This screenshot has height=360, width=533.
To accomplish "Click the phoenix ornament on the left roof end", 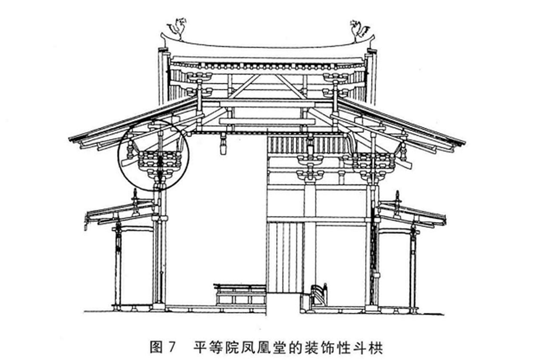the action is (177, 28).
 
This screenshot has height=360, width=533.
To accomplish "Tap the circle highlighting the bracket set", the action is (153, 155).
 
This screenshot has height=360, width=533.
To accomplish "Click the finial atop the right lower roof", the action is (398, 198).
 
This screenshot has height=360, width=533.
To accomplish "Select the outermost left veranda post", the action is (118, 264).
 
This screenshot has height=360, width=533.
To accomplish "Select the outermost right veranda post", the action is (414, 264).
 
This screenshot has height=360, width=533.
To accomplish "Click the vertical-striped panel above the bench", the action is (285, 256).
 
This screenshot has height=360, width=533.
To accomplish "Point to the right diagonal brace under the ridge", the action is (291, 86).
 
